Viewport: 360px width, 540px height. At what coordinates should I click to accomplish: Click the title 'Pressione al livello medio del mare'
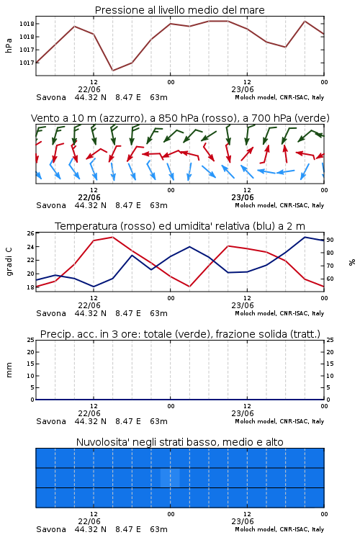tap(180, 10)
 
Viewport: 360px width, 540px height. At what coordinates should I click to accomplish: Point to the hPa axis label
tap(9, 45)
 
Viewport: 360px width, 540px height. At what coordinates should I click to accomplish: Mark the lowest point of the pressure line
tap(112, 71)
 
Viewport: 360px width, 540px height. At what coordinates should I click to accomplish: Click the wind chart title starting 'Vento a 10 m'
tap(180, 118)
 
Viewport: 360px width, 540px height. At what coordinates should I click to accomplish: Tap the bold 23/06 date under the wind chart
tap(243, 197)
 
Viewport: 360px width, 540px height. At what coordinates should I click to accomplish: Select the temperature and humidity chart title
tap(180, 226)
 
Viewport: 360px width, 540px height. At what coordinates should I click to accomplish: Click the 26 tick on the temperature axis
tap(31, 233)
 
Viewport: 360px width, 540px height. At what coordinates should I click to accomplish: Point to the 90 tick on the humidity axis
tap(330, 240)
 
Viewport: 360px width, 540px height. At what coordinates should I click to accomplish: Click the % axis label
tap(352, 262)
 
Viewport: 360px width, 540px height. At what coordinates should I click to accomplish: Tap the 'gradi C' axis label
tap(9, 262)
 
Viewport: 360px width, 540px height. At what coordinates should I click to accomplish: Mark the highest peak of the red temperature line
tap(112, 237)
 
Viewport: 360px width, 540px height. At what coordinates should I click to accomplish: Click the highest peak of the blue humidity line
tap(305, 237)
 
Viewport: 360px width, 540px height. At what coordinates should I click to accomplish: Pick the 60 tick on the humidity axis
tap(330, 279)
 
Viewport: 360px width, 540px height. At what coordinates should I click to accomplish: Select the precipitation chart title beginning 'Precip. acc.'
tap(180, 334)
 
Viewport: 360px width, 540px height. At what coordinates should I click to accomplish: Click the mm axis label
tap(9, 370)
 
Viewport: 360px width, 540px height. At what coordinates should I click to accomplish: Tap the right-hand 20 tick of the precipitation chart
tap(330, 352)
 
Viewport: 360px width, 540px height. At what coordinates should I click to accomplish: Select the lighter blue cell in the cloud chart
tap(170, 477)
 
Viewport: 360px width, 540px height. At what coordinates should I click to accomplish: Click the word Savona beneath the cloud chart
tap(51, 529)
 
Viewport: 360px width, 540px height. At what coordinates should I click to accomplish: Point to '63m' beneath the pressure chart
tap(159, 97)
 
